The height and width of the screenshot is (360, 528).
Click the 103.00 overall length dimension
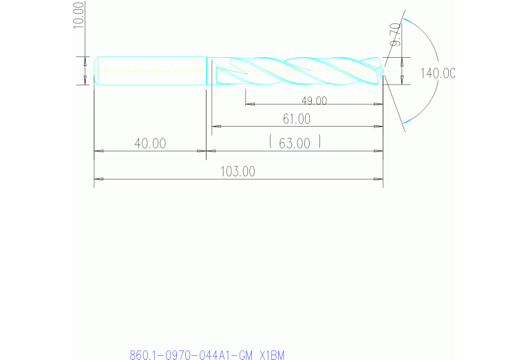click(x=238, y=171)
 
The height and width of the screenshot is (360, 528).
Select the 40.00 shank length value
click(x=150, y=143)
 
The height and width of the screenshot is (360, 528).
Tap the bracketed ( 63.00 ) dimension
click(x=296, y=142)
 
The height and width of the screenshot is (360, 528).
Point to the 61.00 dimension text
click(x=296, y=118)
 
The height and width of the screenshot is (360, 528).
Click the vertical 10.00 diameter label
click(x=78, y=14)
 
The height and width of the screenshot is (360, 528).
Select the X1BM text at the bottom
click(x=271, y=355)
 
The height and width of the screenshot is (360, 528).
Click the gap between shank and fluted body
click(x=209, y=71)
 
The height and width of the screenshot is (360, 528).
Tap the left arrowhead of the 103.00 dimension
click(x=98, y=179)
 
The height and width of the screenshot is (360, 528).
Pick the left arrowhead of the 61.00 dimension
click(x=215, y=127)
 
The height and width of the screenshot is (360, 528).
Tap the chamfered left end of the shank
click(x=96, y=71)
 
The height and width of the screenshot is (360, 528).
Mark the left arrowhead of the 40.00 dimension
click(x=98, y=151)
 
